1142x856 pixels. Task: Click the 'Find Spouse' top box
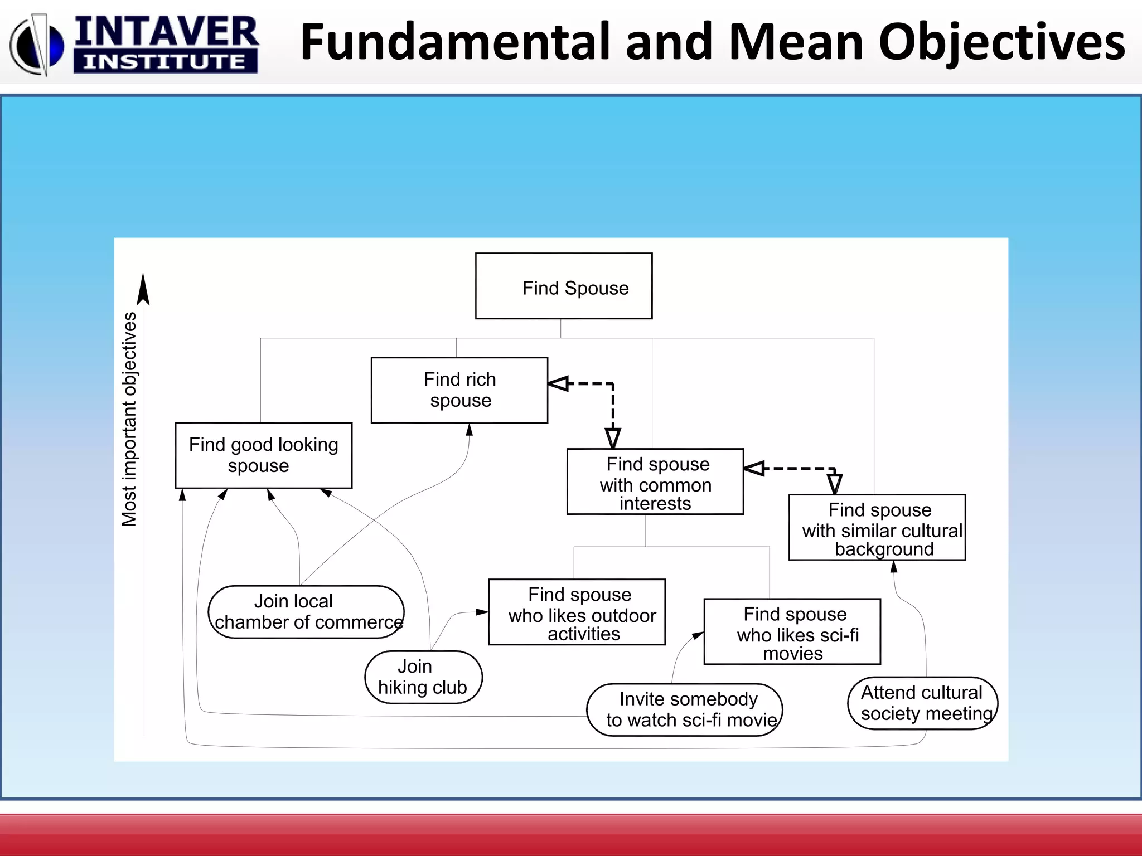564,286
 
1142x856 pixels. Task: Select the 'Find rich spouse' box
459,390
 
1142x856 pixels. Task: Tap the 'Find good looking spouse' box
264,455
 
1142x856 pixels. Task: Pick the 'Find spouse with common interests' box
655,482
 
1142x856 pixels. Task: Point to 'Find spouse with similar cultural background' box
877,527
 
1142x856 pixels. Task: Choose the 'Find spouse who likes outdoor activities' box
577,612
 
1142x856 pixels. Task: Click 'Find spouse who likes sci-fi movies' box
792,632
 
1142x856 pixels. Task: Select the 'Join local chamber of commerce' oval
306,612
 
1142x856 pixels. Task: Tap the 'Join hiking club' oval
423,677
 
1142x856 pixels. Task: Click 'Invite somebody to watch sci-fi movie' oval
685,710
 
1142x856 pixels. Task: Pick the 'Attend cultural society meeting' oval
923,703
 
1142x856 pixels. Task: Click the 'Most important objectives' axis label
129,419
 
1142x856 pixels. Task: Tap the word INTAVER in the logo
166,32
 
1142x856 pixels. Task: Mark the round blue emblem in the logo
37,46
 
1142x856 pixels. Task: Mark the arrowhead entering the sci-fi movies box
698,635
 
